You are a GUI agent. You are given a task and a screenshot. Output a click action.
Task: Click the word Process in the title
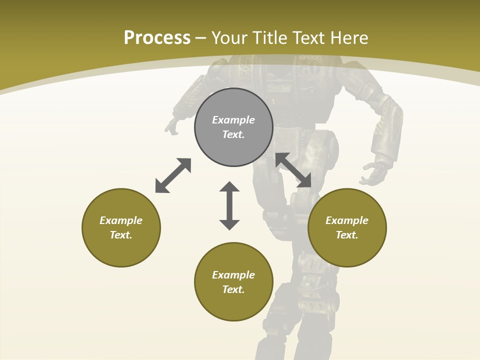coord(157,38)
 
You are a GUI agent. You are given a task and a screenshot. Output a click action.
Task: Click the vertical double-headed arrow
coord(229,205)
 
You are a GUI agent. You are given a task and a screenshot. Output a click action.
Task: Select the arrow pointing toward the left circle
coord(173,175)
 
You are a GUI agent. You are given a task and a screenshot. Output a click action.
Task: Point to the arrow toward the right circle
coord(293,170)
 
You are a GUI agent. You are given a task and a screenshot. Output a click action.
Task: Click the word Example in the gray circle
coord(233,120)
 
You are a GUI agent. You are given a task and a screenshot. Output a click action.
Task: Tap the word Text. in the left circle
coord(121,235)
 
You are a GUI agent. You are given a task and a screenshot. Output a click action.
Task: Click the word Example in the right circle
coord(347,220)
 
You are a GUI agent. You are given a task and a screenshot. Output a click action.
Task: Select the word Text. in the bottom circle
coord(233,289)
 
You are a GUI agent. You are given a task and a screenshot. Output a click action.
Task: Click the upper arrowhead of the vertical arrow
coord(229,187)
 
